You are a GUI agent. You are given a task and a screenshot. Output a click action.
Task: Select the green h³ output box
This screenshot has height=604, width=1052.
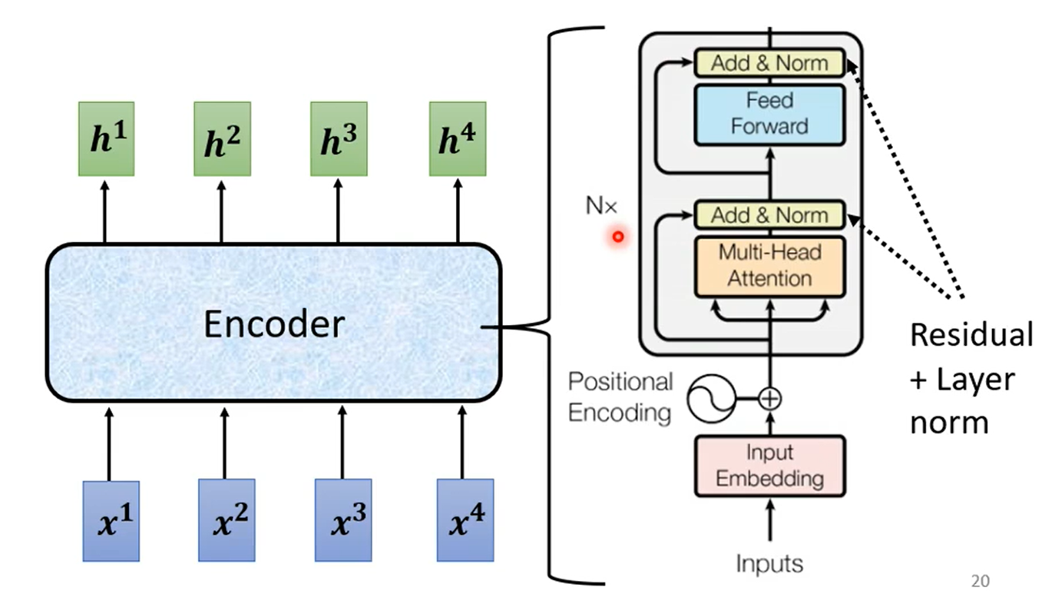pos(338,138)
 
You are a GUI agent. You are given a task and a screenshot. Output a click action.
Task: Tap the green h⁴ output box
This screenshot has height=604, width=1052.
pos(457,138)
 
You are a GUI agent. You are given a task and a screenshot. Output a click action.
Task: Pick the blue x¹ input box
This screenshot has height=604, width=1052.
pos(110,521)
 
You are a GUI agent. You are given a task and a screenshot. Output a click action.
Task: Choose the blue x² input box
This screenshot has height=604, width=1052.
pos(227,521)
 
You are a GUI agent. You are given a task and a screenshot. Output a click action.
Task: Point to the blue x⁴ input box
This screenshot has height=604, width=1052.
pos(465,521)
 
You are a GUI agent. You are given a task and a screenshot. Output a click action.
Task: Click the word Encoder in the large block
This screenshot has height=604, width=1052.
pos(273,324)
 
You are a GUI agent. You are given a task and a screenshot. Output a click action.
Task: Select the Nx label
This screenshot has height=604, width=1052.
pos(600,206)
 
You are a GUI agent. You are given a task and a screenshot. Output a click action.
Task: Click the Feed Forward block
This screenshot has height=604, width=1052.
pos(769,114)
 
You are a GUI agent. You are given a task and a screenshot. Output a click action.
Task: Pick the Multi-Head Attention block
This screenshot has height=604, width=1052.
pos(769,265)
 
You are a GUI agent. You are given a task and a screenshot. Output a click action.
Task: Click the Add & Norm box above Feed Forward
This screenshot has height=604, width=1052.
pos(769,63)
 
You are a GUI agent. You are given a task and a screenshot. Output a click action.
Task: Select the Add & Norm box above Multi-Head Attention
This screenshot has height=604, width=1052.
pos(769,215)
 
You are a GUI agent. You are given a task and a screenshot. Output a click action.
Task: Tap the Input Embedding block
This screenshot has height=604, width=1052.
pos(769,466)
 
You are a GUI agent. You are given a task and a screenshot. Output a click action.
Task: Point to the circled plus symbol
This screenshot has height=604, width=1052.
pos(769,399)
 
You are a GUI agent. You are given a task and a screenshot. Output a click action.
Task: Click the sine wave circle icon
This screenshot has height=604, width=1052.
pos(708,399)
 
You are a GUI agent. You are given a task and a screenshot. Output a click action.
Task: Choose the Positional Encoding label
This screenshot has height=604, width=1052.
pos(620,397)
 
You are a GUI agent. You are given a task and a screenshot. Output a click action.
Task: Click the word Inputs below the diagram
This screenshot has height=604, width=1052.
pos(769,563)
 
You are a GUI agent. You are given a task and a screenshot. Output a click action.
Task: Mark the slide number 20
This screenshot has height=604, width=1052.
pos(981,581)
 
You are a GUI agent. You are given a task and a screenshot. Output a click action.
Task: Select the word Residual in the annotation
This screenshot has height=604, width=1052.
pos(971,335)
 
